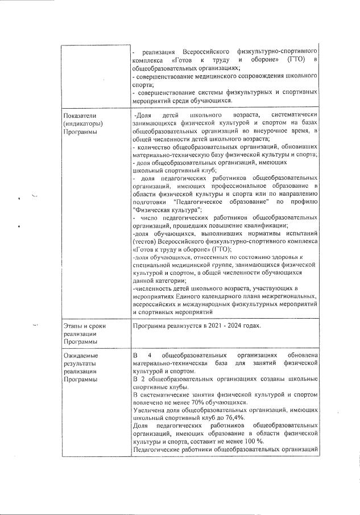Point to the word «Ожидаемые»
point(79,356)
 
